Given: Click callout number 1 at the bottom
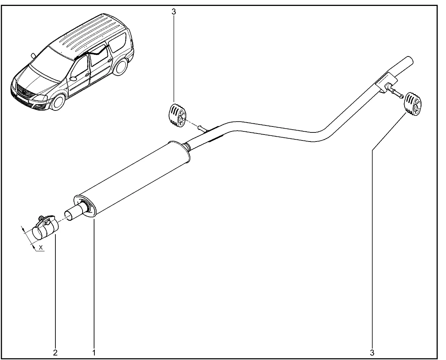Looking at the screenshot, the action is click(x=94, y=353).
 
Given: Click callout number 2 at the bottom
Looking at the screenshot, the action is click(x=55, y=353).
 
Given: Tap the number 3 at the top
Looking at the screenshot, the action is click(x=174, y=12).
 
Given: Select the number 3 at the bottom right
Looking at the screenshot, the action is click(x=372, y=353).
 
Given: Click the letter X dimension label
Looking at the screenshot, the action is click(x=41, y=247).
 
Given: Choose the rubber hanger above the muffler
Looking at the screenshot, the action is click(x=177, y=115).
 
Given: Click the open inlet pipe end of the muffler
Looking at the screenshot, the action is click(x=69, y=216).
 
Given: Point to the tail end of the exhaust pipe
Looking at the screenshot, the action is click(x=410, y=60).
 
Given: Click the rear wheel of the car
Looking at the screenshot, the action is click(x=121, y=67).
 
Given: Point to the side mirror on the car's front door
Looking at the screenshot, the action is click(x=74, y=78).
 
